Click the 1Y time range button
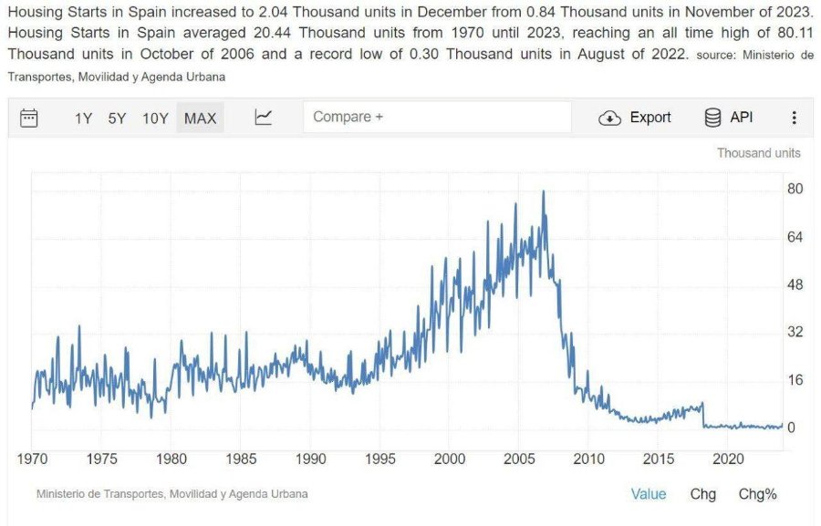(83, 119)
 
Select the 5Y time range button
(117, 119)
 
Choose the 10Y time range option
(155, 119)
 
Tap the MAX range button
(200, 118)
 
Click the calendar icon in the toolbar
(29, 118)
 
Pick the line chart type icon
(263, 118)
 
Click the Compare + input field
(437, 117)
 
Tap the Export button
(635, 118)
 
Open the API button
(729, 118)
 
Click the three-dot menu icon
(795, 118)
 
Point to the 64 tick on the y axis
(795, 237)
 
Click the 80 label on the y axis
(795, 189)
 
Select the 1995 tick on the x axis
(380, 459)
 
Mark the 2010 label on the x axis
(588, 459)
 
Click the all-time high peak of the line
(543, 191)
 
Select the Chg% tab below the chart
(758, 494)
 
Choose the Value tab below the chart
(649, 494)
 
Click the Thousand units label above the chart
(759, 153)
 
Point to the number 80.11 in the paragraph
(795, 33)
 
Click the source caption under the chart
(172, 494)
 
